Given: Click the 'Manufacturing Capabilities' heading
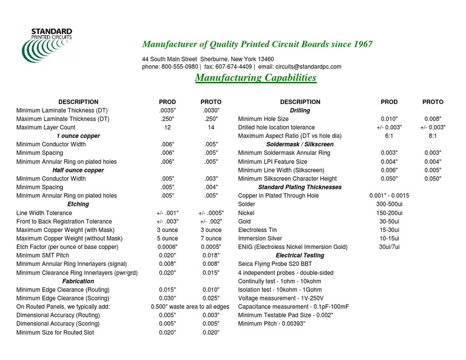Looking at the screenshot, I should tap(255, 78).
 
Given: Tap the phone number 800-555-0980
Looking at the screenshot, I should tap(180, 67).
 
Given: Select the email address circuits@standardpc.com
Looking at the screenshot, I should tap(308, 67).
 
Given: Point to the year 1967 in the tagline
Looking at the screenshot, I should tap(362, 44).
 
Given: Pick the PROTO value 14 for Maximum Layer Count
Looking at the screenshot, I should tap(211, 128).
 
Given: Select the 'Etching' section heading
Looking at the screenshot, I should tap(78, 205).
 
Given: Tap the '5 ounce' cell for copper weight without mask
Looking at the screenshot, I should tap(167, 239).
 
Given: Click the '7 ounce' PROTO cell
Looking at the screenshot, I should tap(211, 239).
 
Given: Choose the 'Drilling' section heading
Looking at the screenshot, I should tap(300, 110).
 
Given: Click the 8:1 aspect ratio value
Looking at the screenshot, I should tap(433, 137).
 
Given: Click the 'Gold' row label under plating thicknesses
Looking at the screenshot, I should tap(245, 222).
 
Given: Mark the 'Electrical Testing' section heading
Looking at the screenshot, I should tap(300, 256).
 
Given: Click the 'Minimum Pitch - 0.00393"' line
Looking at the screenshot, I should tap(272, 325).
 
